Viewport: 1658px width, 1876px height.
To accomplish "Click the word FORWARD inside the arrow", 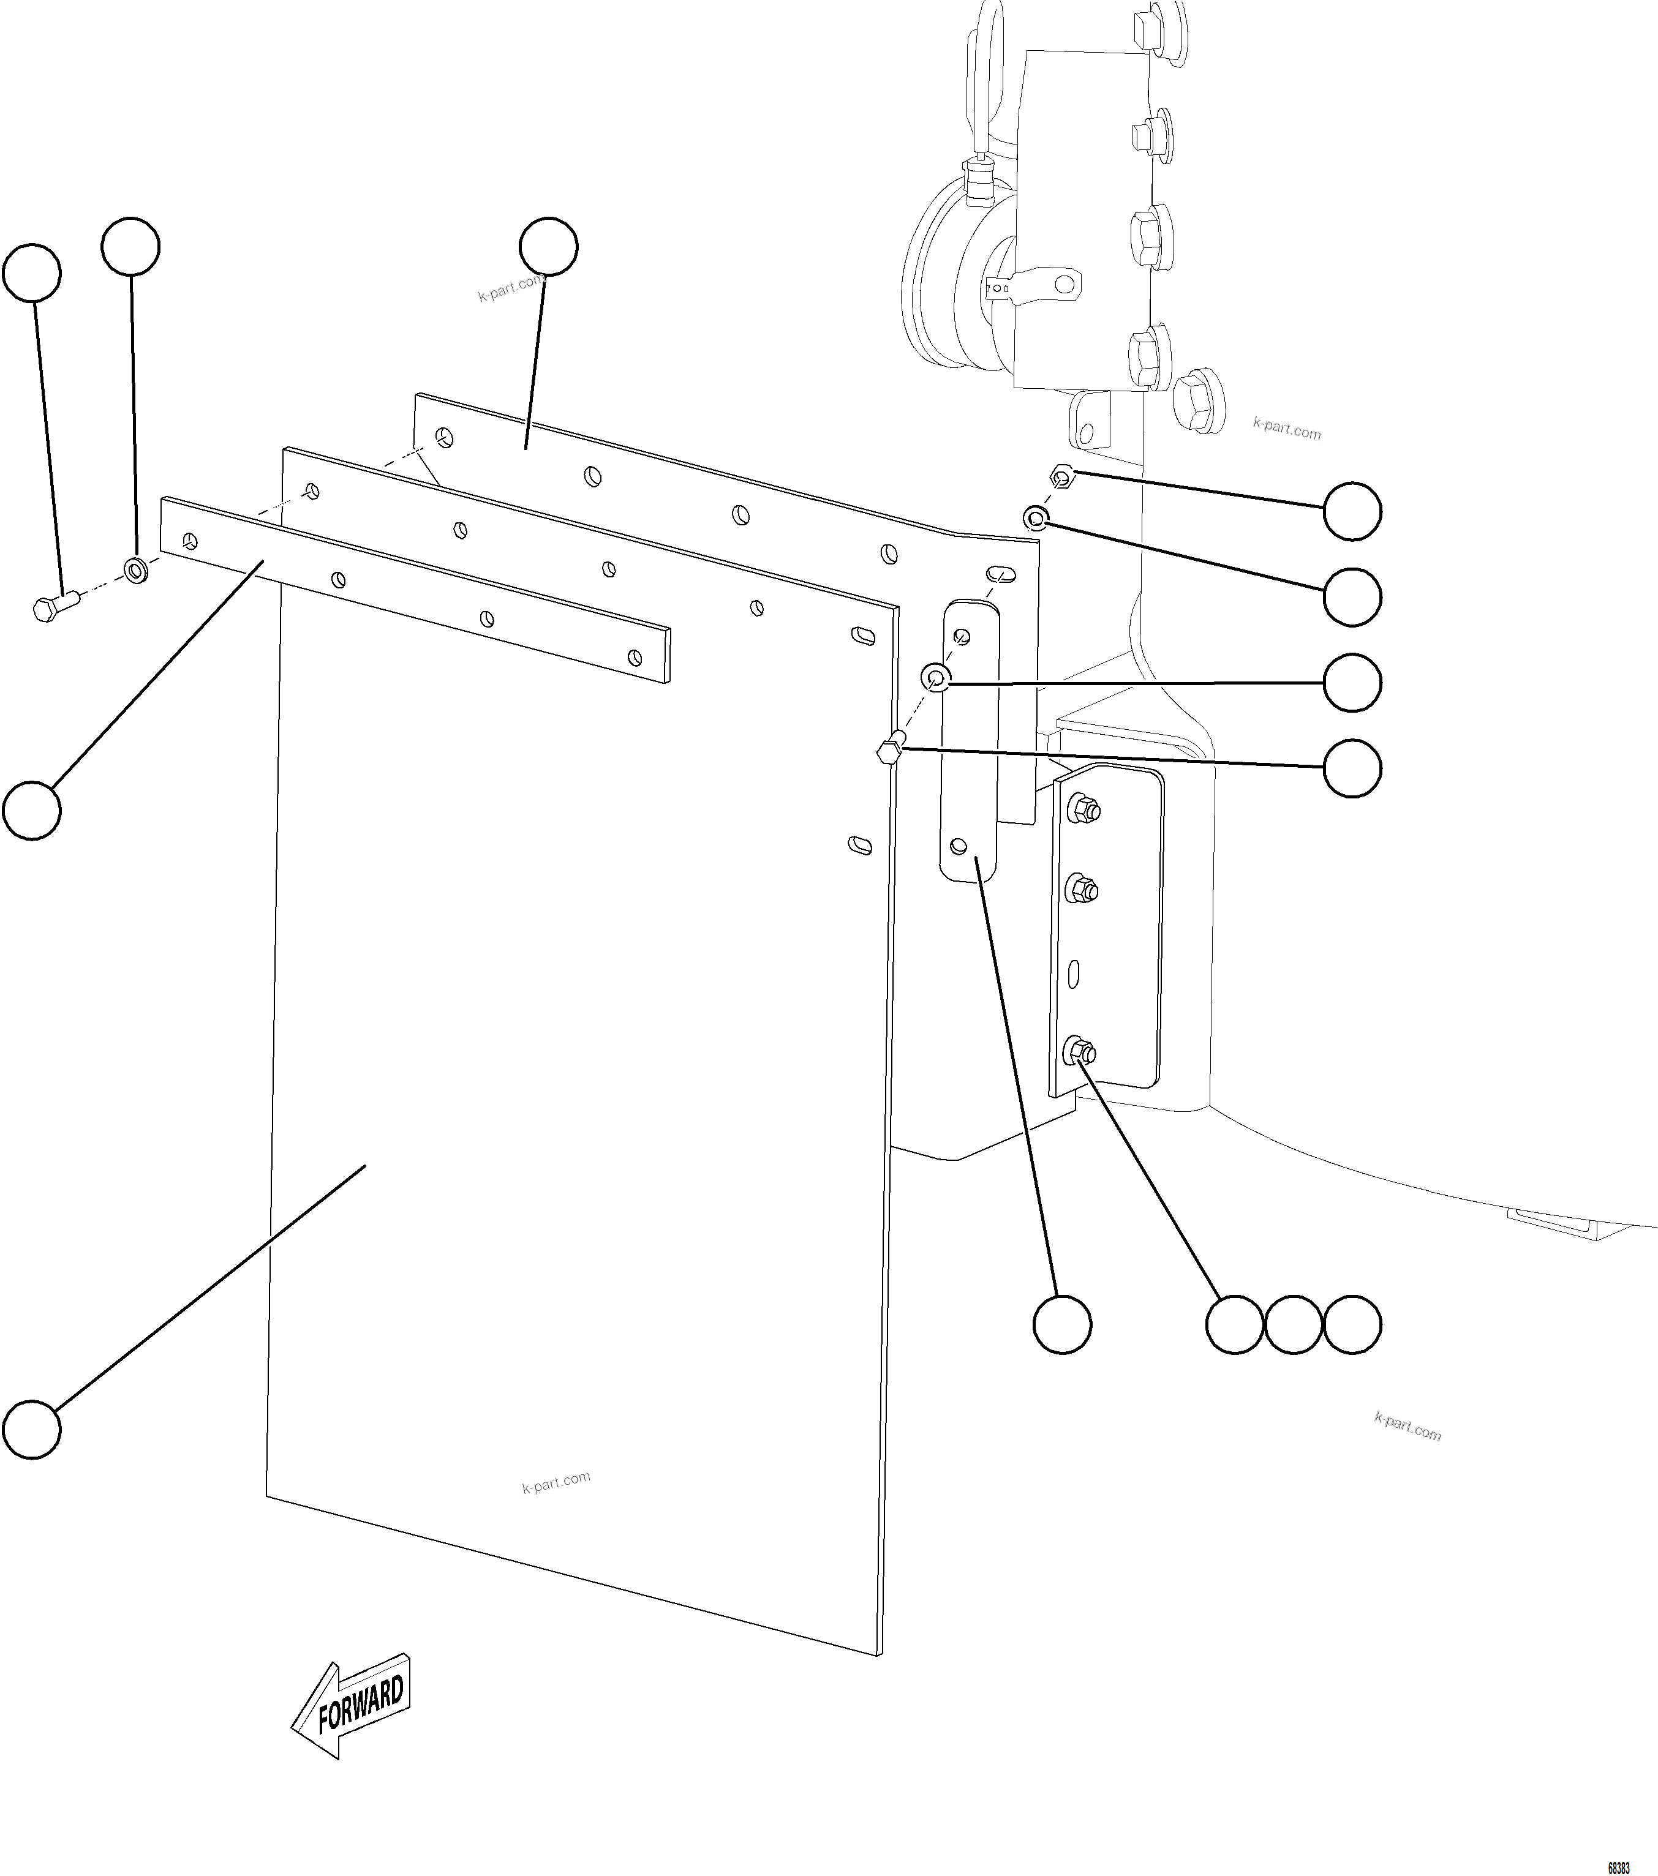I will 360,1705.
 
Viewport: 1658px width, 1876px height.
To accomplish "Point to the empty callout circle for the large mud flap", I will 32,1429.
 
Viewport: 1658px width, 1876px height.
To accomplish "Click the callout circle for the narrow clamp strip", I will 32,809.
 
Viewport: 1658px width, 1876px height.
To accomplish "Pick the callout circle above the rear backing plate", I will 548,246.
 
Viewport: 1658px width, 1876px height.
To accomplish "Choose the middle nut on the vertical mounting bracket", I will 1080,888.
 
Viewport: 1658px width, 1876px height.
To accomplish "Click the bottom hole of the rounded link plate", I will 959,844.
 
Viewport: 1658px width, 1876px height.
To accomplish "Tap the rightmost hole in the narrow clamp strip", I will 633,657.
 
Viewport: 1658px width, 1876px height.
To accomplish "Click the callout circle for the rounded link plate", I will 1062,1324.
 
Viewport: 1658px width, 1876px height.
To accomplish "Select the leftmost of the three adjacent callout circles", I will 1235,1324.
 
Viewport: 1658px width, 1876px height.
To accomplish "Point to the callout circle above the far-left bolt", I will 32,272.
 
